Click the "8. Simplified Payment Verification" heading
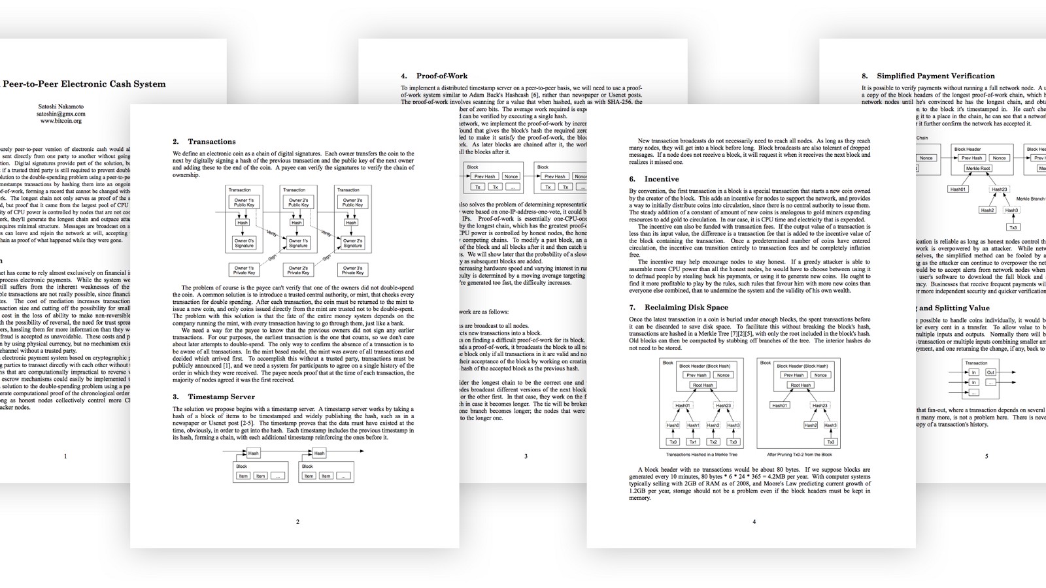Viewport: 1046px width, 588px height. point(928,76)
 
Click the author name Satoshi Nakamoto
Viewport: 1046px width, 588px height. point(60,106)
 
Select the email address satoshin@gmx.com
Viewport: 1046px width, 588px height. point(61,114)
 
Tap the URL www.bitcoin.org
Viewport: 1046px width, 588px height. point(61,121)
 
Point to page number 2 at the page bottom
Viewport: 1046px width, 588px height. point(298,522)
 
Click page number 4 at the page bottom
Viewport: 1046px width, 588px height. point(754,522)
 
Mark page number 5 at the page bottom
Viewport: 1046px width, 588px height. point(987,457)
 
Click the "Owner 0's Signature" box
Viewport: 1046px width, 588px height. point(244,244)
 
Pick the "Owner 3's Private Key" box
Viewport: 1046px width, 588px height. point(352,270)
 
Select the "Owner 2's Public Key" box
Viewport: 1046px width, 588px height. point(298,203)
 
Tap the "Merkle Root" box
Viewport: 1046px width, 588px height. point(977,169)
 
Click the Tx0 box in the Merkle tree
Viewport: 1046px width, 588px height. point(673,442)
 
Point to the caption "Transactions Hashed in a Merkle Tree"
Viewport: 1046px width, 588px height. point(701,455)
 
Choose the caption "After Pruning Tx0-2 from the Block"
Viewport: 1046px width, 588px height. point(799,455)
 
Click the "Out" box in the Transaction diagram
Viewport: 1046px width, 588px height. point(990,372)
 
